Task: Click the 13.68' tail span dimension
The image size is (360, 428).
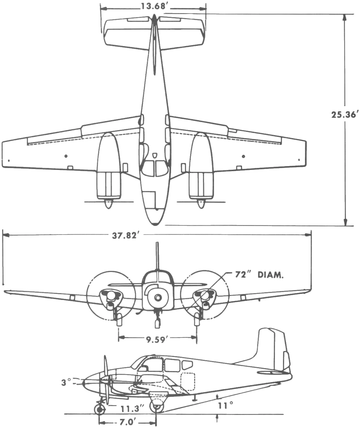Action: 153,6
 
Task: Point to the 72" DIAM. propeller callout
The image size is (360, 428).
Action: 259,275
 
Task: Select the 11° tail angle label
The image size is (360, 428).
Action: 226,405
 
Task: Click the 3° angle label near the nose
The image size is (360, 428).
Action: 66,382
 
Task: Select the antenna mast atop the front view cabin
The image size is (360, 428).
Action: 157,256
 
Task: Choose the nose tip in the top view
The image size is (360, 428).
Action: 155,224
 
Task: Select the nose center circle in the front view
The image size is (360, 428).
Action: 157,297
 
